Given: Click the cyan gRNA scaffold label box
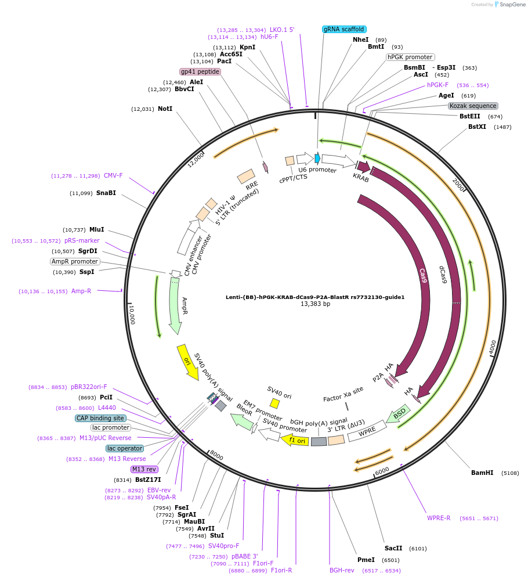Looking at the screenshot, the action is [344, 29].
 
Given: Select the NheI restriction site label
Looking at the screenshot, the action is [360, 39].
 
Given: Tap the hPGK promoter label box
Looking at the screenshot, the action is [410, 57].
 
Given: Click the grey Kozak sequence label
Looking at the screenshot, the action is [473, 106].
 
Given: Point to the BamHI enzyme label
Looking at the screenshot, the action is [482, 473].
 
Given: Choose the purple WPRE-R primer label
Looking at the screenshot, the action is [439, 518].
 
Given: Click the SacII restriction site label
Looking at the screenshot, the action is [393, 548].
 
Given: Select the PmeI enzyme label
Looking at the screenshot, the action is [366, 560].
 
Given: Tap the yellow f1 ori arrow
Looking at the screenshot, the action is [295, 440].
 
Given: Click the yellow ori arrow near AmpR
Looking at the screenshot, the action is [187, 362].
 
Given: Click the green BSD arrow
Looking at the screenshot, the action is [398, 415].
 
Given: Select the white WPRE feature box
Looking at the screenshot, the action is [367, 431].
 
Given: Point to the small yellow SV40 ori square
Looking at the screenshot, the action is [274, 403].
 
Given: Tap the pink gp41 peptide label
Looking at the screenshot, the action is [200, 72].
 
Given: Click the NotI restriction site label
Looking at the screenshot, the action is [165, 109].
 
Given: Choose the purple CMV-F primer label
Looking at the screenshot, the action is [113, 176].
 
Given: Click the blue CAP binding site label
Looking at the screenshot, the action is [100, 418].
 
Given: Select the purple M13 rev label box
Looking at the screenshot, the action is [144, 469].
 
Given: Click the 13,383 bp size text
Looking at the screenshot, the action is [315, 304].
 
